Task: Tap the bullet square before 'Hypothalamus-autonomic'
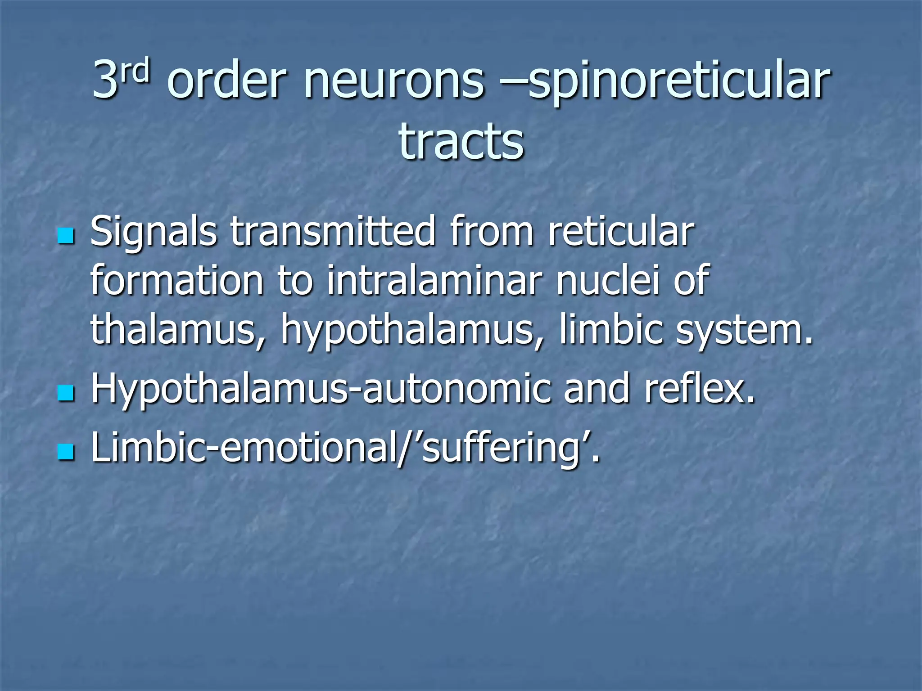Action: click(66, 392)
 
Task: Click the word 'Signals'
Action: click(154, 231)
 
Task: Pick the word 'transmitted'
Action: click(333, 231)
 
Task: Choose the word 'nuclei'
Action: click(608, 281)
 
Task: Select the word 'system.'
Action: click(745, 330)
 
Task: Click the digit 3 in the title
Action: click(105, 81)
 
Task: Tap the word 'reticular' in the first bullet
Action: click(621, 231)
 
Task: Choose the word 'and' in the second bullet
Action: click(596, 389)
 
